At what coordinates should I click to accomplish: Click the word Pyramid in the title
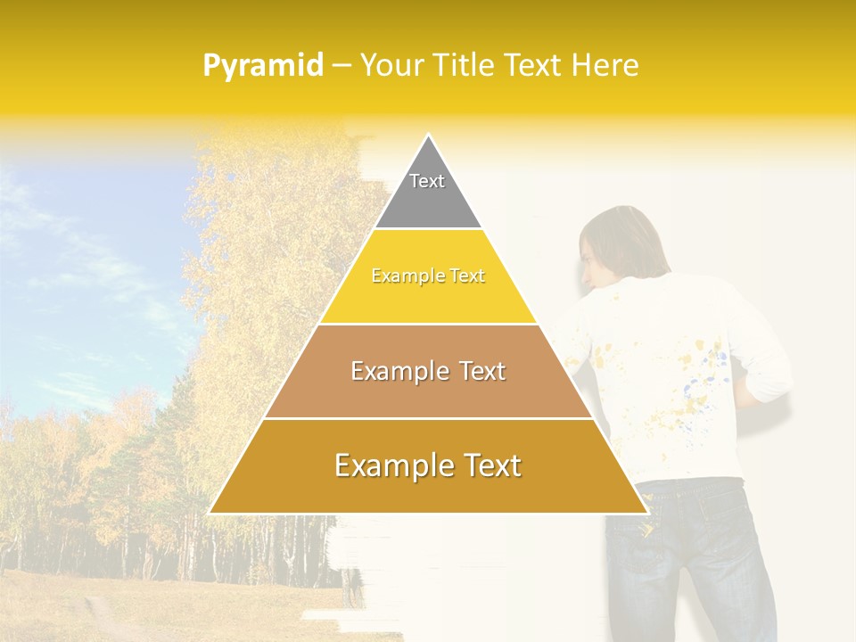pos(263,66)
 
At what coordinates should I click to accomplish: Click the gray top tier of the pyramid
pos(428,192)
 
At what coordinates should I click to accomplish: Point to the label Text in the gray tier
pos(427,181)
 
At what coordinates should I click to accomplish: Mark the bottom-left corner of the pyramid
pos(210,513)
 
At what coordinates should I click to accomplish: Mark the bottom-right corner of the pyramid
pos(647,513)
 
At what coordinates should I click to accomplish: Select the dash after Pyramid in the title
pos(341,66)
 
